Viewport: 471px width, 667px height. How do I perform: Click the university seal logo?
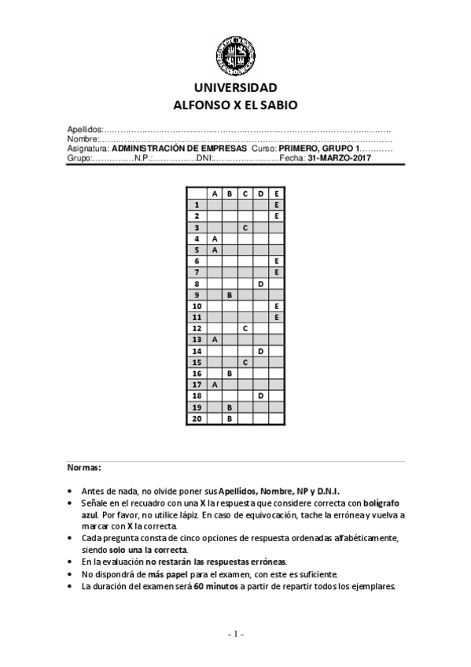(235, 54)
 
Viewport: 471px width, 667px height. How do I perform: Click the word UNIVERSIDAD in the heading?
(235, 87)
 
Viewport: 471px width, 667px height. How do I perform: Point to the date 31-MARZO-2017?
(340, 158)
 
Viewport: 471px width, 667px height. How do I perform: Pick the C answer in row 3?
(245, 227)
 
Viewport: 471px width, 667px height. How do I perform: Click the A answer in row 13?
(214, 340)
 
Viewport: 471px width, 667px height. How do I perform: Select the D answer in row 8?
(260, 283)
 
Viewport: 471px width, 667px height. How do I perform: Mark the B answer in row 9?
(230, 294)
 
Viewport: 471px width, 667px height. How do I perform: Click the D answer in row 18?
(260, 396)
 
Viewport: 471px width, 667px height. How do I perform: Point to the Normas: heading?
(84, 468)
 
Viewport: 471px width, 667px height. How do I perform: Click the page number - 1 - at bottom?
(236, 634)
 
